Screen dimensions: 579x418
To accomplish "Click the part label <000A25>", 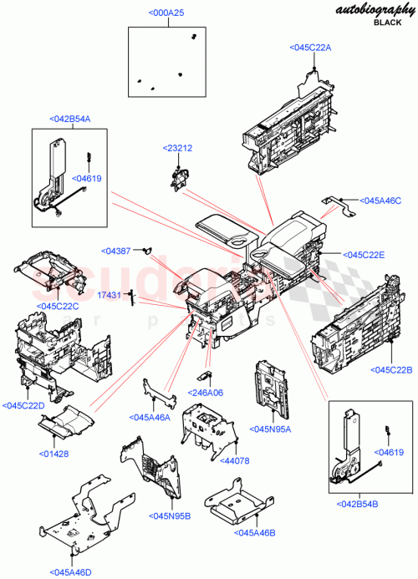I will coord(167,14).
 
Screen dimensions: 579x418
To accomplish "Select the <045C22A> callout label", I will coord(311,48).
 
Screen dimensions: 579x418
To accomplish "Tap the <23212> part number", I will coord(177,148).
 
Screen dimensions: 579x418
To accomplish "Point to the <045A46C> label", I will coord(380,201).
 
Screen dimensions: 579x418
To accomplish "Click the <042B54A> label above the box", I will coord(70,119).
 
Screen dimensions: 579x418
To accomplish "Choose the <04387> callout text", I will coord(117,251).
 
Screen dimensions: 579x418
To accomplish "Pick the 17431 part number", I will coord(110,294).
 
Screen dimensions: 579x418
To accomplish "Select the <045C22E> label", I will coord(363,255).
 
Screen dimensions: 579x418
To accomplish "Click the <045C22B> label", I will coord(392,370).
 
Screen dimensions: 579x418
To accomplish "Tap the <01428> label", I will coord(54,454).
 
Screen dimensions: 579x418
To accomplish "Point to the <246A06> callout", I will coord(206,392).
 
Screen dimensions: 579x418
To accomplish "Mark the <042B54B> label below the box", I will coord(357,504).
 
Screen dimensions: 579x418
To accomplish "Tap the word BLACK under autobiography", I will coord(387,23).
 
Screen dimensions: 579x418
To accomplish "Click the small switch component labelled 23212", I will coord(178,177).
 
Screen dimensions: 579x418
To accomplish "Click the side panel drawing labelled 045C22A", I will coord(288,121).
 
